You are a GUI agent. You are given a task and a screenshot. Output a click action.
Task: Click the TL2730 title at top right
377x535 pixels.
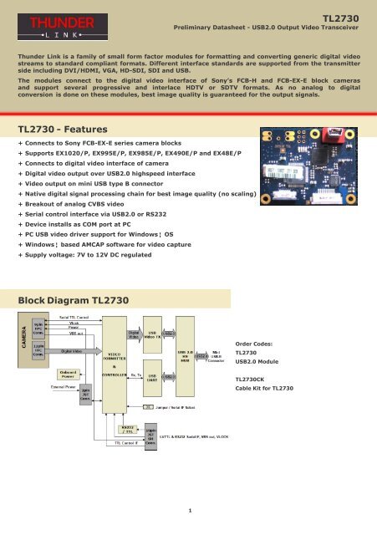coord(345,16)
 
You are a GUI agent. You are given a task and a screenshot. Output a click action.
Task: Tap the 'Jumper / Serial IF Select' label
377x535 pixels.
coord(191,408)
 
